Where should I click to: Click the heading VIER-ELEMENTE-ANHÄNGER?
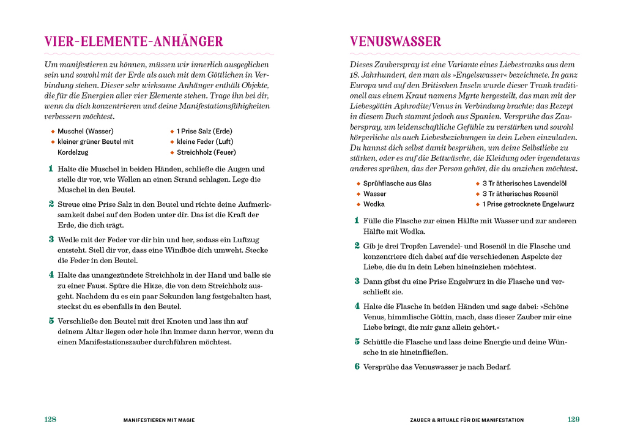point(133,42)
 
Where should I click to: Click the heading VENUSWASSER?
point(395,42)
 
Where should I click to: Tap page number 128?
point(50,420)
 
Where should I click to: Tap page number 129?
point(573,420)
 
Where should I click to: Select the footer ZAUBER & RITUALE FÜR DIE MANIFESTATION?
point(467,420)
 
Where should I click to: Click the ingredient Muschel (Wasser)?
point(85,131)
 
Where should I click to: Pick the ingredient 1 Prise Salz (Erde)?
point(204,131)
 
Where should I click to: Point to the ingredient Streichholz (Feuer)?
point(206,152)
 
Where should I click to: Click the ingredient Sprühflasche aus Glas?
point(397,183)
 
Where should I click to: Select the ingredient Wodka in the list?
point(374,204)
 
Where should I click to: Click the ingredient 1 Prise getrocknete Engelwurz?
point(528,204)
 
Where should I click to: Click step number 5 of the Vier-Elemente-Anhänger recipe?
point(51,321)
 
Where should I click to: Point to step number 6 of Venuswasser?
point(357,367)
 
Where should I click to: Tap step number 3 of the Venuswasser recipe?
point(357,281)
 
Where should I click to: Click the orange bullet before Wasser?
point(358,193)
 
